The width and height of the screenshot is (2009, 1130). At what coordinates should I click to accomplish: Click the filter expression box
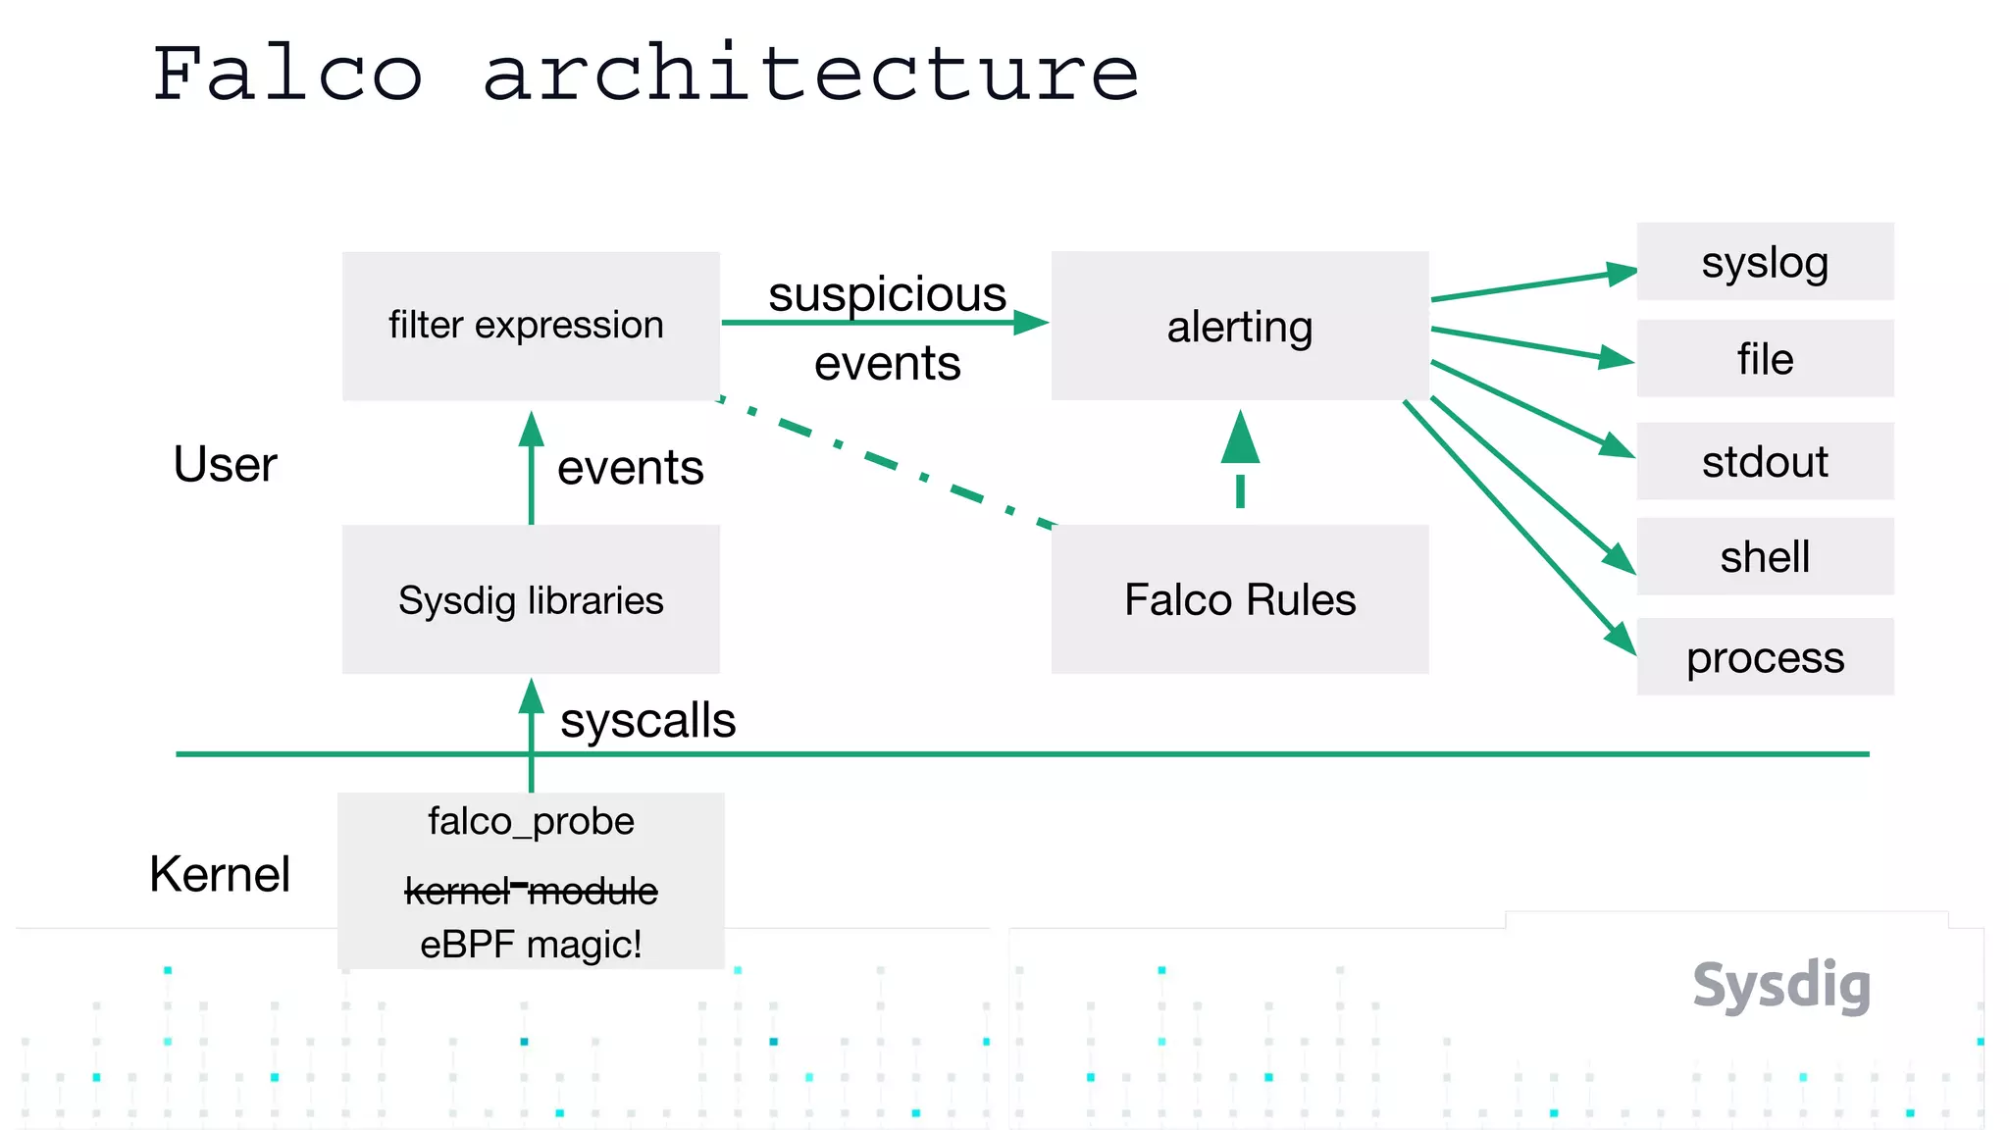pos(530,326)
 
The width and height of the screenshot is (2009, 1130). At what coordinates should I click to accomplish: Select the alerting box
pos(1239,326)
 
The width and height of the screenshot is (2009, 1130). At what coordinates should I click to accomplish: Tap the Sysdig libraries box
pos(530,599)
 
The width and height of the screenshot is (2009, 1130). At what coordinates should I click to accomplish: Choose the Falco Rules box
pos(1239,599)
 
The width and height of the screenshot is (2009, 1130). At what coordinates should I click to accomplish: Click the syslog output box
pos(1765,262)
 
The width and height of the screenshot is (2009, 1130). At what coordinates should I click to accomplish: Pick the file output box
pos(1765,359)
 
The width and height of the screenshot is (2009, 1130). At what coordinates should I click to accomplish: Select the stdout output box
pos(1765,461)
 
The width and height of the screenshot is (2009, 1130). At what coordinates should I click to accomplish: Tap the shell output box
pos(1765,556)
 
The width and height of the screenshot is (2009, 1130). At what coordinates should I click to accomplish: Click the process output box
pos(1765,657)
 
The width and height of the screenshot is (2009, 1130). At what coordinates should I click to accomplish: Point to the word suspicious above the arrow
pos(887,294)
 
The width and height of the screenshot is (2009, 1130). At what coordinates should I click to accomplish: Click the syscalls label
pos(647,721)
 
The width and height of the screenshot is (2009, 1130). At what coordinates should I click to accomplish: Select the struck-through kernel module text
pos(531,891)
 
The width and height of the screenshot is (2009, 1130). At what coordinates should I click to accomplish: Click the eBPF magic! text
pos(531,945)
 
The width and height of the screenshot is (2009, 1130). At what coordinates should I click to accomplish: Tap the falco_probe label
pos(531,821)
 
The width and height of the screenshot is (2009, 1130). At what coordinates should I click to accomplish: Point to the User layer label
pos(225,464)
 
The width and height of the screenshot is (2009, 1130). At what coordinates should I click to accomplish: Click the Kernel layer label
pos(220,873)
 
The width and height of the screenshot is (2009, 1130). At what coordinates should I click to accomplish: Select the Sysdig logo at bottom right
pos(1781,985)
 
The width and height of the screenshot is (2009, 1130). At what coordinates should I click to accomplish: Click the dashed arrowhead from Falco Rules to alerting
pos(1240,438)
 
